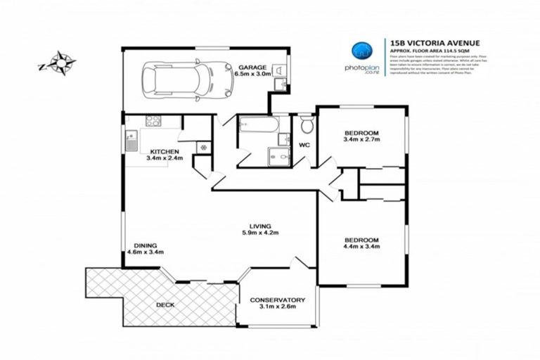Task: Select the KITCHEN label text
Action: (x=163, y=151)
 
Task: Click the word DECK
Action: (x=165, y=304)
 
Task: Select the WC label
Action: (x=304, y=146)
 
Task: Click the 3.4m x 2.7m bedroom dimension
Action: (x=361, y=141)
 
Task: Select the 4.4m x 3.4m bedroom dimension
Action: (x=361, y=247)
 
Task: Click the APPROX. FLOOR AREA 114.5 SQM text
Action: (x=433, y=51)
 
